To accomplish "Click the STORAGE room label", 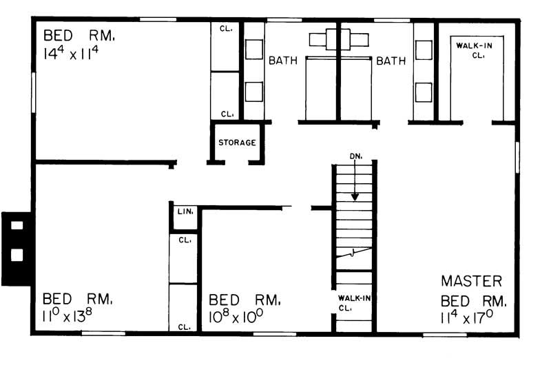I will pos(237,143).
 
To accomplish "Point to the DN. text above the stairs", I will pos(355,157).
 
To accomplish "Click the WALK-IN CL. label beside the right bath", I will pos(475,50).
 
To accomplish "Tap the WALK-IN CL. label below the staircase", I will pos(354,303).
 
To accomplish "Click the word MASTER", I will pos(472,281).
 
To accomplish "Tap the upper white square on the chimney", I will pos(17,225).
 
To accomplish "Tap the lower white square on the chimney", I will pos(17,255).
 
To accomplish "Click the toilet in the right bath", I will pos(353,38).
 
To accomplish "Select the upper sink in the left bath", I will pos(253,49).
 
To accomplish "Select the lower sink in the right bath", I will pos(424,92).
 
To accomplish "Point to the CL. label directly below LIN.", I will pos(185,240).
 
